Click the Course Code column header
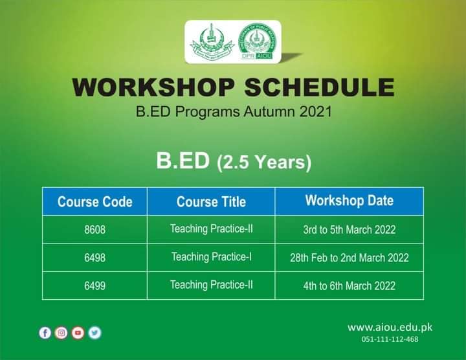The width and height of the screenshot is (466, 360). [94, 201]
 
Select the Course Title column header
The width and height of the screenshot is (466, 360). [211, 201]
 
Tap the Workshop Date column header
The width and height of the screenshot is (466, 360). [349, 200]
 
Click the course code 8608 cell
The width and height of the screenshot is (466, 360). [94, 230]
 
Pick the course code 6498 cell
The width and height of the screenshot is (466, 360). [94, 258]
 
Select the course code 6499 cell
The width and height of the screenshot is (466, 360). [94, 286]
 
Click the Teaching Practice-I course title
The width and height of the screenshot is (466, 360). [211, 257]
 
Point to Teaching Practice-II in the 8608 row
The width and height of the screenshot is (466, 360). [211, 229]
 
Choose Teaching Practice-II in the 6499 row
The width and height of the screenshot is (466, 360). [211, 284]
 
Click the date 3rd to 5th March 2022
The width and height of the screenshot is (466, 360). [349, 230]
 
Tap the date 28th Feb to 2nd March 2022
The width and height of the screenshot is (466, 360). [349, 258]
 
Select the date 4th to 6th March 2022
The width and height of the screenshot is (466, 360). [349, 286]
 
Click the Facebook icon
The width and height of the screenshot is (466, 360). [45, 333]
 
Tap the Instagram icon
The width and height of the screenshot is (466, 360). [61, 333]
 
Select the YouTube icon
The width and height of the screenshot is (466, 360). [78, 333]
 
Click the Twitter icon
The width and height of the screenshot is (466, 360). [95, 333]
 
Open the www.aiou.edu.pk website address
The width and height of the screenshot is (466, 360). [389, 327]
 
